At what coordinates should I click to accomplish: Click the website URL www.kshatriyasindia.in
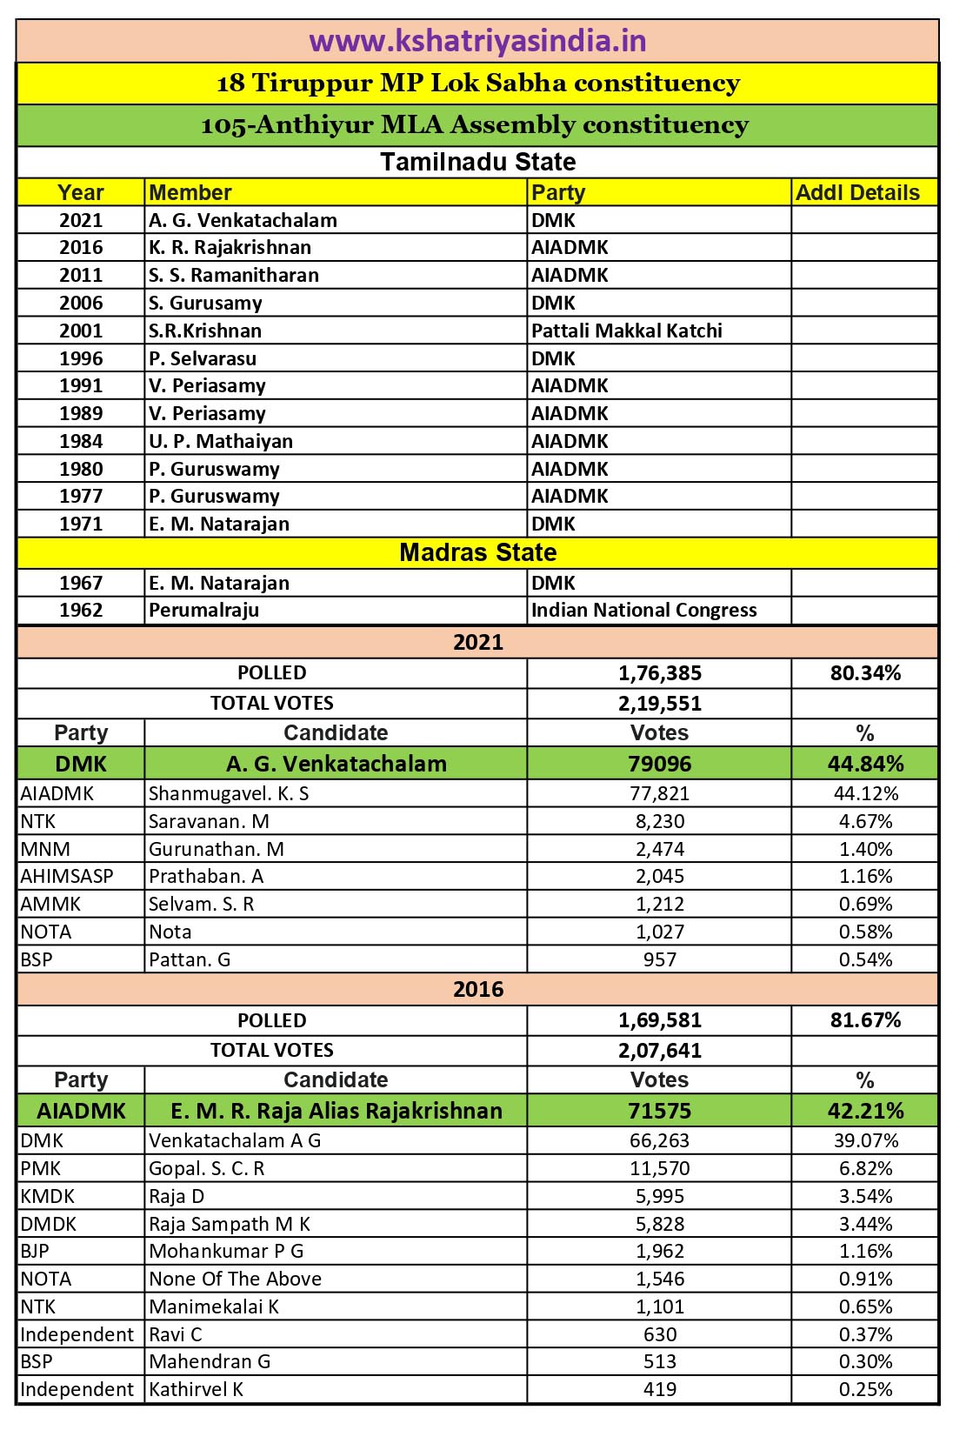pos(477,41)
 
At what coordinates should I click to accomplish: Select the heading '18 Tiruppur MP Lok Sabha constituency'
pos(477,84)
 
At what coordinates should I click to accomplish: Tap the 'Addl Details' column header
pos(857,192)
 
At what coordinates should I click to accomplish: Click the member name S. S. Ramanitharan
pos(234,275)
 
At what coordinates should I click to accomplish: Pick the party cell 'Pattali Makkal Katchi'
pos(626,331)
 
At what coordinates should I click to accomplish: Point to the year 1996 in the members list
pos(81,358)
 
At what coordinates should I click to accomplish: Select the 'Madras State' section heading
pos(477,552)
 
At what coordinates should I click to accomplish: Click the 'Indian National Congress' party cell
pos(643,610)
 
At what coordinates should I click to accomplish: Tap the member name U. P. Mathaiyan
pos(221,441)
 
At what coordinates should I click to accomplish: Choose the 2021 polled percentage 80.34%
pos(864,672)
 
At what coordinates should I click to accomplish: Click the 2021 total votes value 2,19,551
pos(659,703)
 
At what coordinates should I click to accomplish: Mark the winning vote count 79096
pos(659,764)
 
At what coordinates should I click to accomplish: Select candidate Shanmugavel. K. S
pos(229,793)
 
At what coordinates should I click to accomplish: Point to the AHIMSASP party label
pos(67,876)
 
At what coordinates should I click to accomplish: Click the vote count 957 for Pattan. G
pos(659,959)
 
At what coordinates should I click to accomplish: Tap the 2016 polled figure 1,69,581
pos(659,1019)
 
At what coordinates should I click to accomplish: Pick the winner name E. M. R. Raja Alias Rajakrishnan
pos(336,1111)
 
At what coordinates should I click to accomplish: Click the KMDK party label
pos(48,1196)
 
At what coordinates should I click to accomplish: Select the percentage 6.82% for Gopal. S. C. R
pos(864,1168)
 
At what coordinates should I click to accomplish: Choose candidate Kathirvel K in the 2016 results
pos(196,1389)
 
